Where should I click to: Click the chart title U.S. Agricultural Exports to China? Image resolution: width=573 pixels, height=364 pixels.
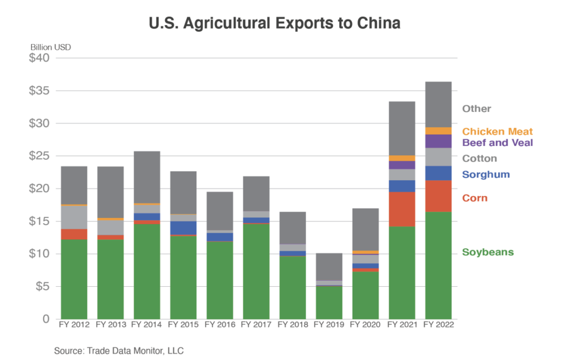tap(274, 24)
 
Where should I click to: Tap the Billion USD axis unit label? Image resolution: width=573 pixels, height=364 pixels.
tap(50, 46)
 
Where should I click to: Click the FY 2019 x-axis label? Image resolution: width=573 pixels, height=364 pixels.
tap(329, 325)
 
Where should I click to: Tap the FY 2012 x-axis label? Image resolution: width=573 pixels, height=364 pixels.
tap(74, 325)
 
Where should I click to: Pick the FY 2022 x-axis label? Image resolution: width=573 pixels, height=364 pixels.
tap(438, 325)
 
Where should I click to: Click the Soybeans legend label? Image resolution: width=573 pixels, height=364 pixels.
tap(487, 252)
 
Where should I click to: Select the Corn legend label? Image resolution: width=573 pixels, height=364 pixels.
tap(475, 198)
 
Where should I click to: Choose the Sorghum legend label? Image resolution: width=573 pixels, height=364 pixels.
tap(486, 174)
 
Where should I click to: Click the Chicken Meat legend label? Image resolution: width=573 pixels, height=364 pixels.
tap(497, 131)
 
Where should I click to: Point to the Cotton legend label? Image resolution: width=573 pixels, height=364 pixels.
tap(479, 158)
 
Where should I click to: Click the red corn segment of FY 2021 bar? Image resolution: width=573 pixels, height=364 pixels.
tap(402, 209)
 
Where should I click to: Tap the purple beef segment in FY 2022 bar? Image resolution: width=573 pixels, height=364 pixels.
tap(438, 141)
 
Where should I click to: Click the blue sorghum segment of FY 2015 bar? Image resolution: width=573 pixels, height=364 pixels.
tap(183, 228)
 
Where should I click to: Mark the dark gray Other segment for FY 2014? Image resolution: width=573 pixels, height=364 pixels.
tap(147, 177)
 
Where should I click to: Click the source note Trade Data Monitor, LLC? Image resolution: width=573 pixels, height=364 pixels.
tap(119, 351)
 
